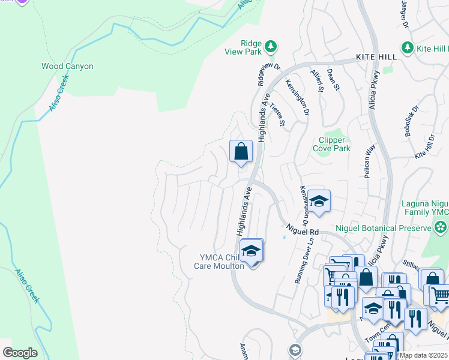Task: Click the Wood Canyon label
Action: (67, 66)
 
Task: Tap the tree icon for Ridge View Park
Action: (271, 46)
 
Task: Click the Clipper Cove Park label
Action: (331, 144)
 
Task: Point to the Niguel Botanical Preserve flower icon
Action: (441, 227)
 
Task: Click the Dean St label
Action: (334, 79)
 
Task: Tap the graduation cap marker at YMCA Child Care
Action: (252, 250)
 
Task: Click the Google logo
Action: (20, 353)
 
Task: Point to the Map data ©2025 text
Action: (423, 355)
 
